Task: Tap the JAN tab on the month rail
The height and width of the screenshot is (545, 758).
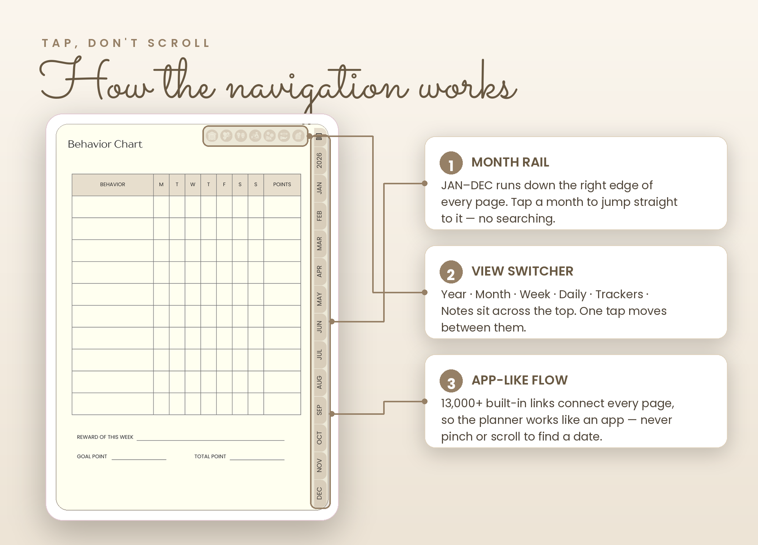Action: point(319,188)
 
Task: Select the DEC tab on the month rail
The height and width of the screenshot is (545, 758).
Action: point(319,493)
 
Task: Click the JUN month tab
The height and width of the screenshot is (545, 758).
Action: point(319,327)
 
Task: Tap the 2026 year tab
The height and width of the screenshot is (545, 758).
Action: point(319,160)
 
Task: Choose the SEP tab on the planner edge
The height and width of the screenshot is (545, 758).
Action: point(319,410)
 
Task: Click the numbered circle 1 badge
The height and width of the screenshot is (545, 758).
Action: point(451,163)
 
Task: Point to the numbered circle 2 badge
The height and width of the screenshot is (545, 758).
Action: point(451,272)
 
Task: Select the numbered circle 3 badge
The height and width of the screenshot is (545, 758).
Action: point(451,381)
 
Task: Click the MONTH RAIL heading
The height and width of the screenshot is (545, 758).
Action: point(510,162)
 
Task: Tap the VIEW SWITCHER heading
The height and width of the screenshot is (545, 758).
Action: point(522,271)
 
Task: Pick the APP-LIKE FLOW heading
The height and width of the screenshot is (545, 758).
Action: point(520,380)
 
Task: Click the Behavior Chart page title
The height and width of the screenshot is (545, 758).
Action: point(105,144)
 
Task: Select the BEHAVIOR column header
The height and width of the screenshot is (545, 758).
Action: point(113,184)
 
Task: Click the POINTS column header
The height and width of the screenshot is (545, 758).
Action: point(282,184)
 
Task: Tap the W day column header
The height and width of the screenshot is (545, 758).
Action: point(193,184)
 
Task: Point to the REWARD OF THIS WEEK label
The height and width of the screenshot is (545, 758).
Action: point(105,437)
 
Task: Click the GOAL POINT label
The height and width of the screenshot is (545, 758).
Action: point(92,456)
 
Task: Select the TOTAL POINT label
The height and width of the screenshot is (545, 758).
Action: point(210,456)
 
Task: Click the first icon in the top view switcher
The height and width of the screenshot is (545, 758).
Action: point(212,135)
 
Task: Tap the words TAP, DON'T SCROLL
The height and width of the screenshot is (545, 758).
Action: point(126,43)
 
